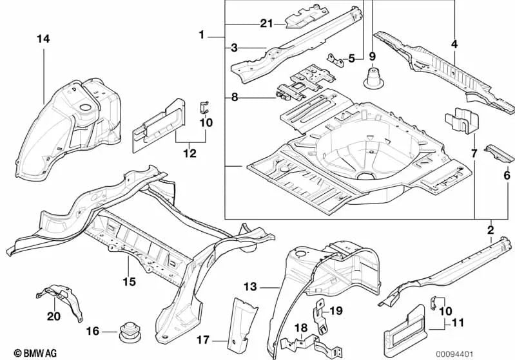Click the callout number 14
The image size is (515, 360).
coord(43,39)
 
